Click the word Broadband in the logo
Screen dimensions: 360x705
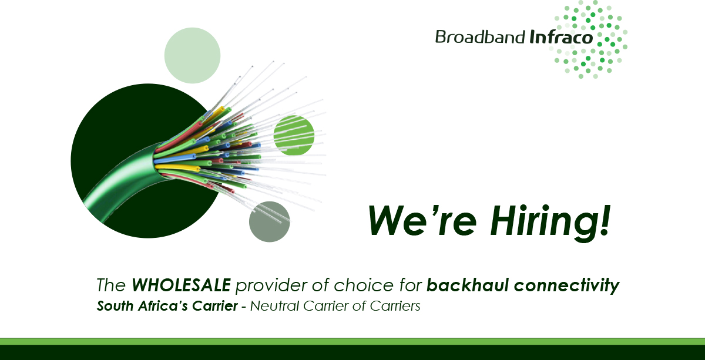479,37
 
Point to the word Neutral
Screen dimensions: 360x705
273,306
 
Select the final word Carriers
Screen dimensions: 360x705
399,306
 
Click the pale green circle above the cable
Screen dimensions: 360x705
192,56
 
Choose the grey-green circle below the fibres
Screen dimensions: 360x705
270,221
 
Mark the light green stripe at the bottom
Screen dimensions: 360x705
352,341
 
